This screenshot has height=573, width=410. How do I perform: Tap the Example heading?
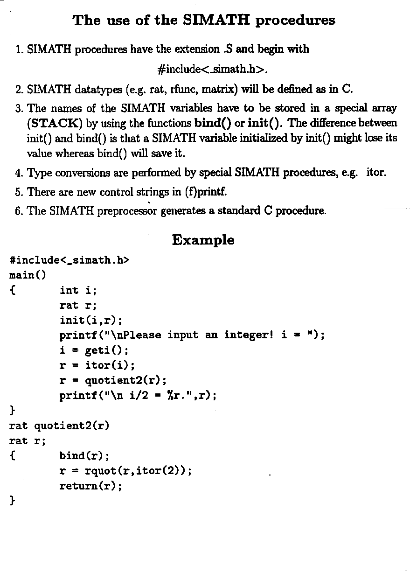(203, 240)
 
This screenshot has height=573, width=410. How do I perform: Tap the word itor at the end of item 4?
(375, 173)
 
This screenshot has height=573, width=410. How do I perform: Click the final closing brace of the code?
(13, 501)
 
